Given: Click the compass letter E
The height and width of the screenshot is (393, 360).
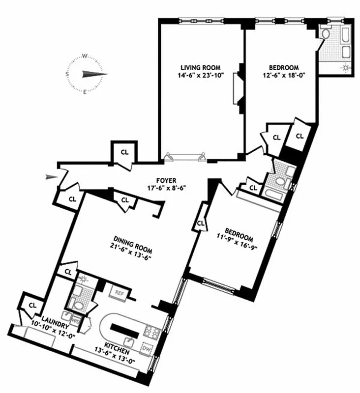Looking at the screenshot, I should [x=85, y=92].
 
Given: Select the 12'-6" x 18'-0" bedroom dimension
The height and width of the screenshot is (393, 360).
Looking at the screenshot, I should [x=281, y=76].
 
